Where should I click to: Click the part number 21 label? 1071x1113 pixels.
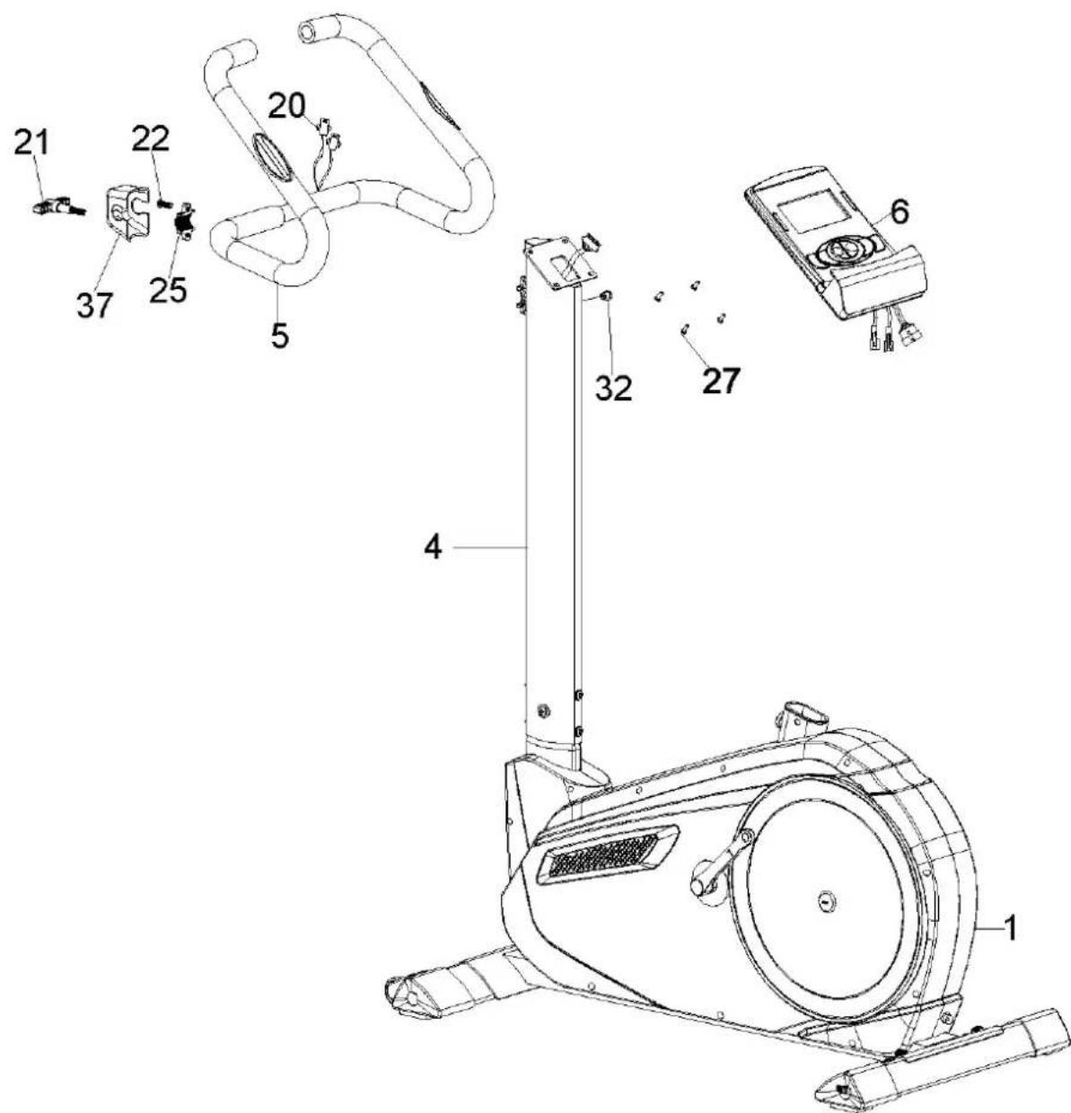point(33,144)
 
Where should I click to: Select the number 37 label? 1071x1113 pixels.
point(96,305)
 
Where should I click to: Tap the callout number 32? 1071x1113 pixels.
point(614,387)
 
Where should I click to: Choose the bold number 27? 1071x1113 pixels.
point(721,381)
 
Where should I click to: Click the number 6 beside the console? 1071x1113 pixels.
point(899,213)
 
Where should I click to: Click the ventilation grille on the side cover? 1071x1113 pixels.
point(603,854)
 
